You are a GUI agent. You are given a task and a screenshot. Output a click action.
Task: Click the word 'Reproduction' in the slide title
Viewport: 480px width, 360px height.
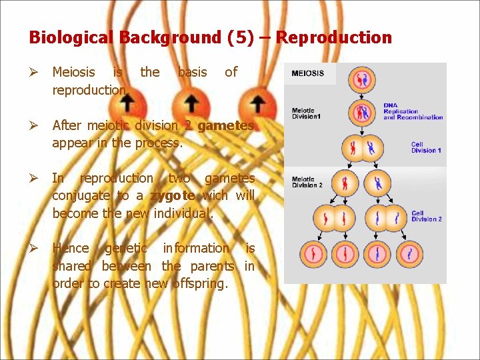tap(334, 37)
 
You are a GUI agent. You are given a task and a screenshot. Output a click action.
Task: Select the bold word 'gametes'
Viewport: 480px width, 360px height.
tap(226, 125)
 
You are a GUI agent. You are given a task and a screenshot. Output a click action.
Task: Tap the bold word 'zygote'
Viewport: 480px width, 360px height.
tap(172, 196)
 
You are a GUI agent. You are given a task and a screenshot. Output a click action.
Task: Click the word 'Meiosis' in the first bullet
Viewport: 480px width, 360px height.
tap(73, 72)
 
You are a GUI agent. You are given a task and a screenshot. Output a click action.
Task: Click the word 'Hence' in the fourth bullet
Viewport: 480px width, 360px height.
tap(70, 248)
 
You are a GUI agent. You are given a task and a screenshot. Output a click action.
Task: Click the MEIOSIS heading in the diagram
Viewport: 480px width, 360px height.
tap(308, 73)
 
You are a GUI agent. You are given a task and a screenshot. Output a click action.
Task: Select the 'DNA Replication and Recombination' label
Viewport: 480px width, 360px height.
tap(413, 111)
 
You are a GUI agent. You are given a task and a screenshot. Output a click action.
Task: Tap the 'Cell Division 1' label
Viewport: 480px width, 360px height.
tap(426, 147)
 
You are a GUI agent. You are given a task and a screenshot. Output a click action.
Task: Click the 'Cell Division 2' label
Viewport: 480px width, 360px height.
tap(426, 216)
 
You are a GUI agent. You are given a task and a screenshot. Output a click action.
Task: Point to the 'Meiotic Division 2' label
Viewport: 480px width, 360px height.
tap(307, 182)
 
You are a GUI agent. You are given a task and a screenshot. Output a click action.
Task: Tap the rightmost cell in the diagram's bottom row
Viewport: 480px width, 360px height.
tap(409, 253)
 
